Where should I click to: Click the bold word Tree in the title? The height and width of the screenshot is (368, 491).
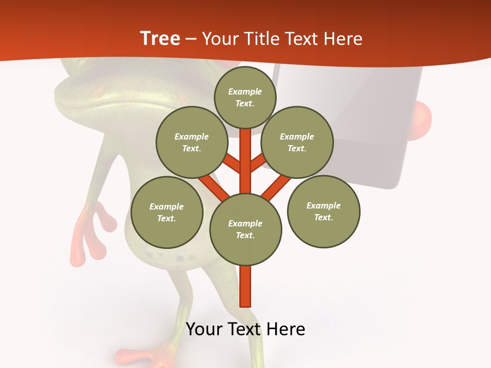(160, 39)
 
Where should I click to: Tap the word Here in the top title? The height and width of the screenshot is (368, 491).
(344, 39)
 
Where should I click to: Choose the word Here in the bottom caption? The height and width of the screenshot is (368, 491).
(286, 329)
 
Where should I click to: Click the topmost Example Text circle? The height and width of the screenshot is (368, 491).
(245, 97)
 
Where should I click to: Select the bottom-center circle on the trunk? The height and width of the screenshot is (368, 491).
(245, 229)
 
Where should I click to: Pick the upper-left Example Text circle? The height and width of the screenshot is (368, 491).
(192, 142)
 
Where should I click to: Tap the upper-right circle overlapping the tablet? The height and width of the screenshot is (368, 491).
(297, 142)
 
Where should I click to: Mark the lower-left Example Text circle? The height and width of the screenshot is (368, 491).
(167, 212)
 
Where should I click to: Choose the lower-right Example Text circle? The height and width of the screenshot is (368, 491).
(323, 212)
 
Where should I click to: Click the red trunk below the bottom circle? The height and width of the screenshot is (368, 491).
(245, 286)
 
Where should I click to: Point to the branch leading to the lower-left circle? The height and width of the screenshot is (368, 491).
(214, 187)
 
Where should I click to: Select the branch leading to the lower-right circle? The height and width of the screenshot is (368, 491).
(276, 187)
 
